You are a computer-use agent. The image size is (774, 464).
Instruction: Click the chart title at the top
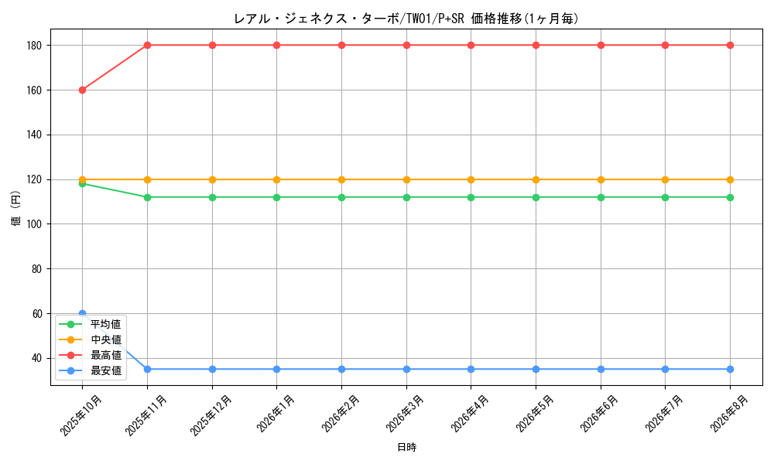[x=406, y=19]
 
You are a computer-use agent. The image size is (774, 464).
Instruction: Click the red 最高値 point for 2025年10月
[x=83, y=90]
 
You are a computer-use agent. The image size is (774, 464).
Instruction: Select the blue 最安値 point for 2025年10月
[x=83, y=314]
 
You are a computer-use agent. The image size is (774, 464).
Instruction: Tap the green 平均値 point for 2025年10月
[x=83, y=184]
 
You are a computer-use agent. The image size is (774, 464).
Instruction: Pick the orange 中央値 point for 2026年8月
[x=730, y=179]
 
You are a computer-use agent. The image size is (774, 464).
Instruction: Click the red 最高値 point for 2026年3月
[x=407, y=46]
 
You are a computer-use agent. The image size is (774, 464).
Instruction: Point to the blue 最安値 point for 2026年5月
[x=536, y=370]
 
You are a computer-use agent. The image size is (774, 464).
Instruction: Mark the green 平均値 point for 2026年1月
[x=277, y=197]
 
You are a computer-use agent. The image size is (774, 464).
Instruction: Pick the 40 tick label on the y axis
[x=37, y=359]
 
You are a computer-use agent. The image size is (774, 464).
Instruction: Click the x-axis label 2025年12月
[x=211, y=415]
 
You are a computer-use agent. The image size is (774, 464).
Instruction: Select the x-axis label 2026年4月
[x=471, y=414]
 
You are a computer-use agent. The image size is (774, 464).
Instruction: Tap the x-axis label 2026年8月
[x=730, y=414]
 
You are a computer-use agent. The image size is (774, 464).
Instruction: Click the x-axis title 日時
[x=407, y=447]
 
